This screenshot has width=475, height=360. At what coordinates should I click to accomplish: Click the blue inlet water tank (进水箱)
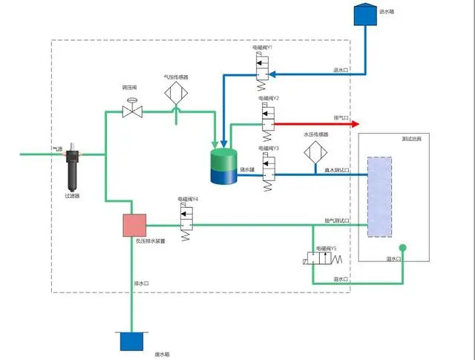pos(364,16)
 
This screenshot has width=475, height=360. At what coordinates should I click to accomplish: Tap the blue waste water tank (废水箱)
pos(131,341)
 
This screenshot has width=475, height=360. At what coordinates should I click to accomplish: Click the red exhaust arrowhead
pos(355,124)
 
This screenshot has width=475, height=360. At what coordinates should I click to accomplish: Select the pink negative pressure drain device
pos(134,225)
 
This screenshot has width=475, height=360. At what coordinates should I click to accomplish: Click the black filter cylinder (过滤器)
pos(73,171)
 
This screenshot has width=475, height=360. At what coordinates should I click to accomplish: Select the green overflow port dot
pos(402,248)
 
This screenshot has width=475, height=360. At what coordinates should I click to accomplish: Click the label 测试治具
pos(390,139)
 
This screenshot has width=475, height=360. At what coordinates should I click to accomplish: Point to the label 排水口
pos(141,283)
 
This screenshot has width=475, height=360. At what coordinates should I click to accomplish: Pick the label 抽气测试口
pos(336,220)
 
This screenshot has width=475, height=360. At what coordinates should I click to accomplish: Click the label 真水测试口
pos(336,171)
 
